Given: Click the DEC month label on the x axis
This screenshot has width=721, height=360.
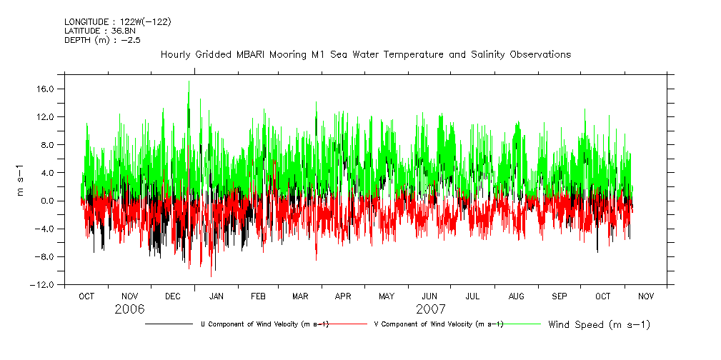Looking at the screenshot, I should (173, 296).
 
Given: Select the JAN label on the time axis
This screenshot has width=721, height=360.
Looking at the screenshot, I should (216, 296).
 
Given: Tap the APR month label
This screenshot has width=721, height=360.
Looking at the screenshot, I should (344, 296).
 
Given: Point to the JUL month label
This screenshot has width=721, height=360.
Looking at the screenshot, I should (472, 296).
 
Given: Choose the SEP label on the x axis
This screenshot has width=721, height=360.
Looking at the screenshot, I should (560, 296).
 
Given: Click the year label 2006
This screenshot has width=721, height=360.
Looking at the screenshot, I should (129, 309).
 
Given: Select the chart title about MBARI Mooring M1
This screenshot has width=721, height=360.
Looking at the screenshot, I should (366, 54).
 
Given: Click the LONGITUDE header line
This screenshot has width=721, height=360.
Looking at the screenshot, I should (117, 21).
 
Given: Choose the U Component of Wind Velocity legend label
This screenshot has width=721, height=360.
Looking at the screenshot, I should (264, 324).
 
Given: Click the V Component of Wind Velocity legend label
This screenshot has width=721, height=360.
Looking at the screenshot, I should (439, 324).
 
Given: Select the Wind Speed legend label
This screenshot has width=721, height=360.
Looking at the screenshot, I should (600, 325).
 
